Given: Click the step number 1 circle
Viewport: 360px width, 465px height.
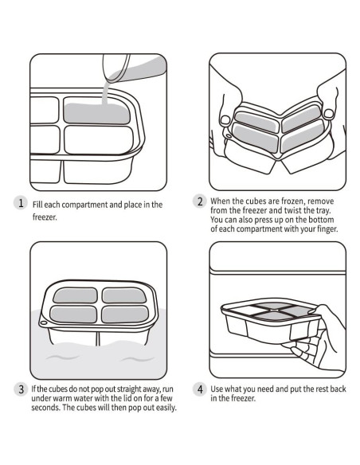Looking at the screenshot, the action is coord(21,203).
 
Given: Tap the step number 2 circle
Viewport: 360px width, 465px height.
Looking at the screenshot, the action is coord(200,201).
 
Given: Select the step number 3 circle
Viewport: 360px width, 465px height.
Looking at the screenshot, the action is coord(21,389).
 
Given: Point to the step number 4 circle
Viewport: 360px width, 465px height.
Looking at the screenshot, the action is coord(200,389).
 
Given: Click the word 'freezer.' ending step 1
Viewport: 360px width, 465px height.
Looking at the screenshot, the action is coord(45,217).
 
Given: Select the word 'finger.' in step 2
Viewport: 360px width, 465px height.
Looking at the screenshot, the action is coord(327,229).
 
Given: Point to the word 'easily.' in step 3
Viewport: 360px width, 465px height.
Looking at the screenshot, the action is coord(166,408).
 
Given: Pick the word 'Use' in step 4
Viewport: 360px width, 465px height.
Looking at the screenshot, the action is coord(217,389).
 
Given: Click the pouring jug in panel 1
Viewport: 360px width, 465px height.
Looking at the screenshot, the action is coord(134,68).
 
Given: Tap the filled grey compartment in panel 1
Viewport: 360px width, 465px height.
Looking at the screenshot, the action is coord(97,114).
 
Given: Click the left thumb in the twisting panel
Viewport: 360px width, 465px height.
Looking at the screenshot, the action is coord(225,120).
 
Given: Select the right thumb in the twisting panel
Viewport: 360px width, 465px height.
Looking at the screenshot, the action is coord(329,114).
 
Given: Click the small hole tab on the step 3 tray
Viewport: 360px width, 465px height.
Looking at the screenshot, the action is coord(43,322).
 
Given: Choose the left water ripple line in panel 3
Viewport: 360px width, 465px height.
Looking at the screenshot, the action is coord(63,357).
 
